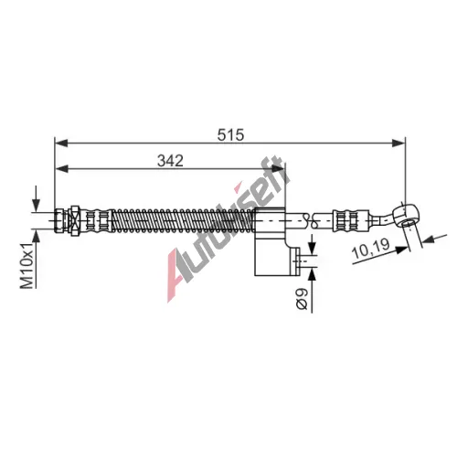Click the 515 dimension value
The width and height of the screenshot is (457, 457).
coord(230,134)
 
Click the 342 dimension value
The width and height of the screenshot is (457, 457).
coord(170,161)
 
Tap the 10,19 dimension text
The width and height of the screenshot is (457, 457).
coord(370,248)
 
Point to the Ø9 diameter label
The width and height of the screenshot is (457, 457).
coord(302,299)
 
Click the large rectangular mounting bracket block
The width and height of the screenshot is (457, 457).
coord(270,241)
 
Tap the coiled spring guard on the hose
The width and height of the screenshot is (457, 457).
coord(183,220)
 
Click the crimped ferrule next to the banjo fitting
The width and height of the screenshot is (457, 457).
coord(350,220)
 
